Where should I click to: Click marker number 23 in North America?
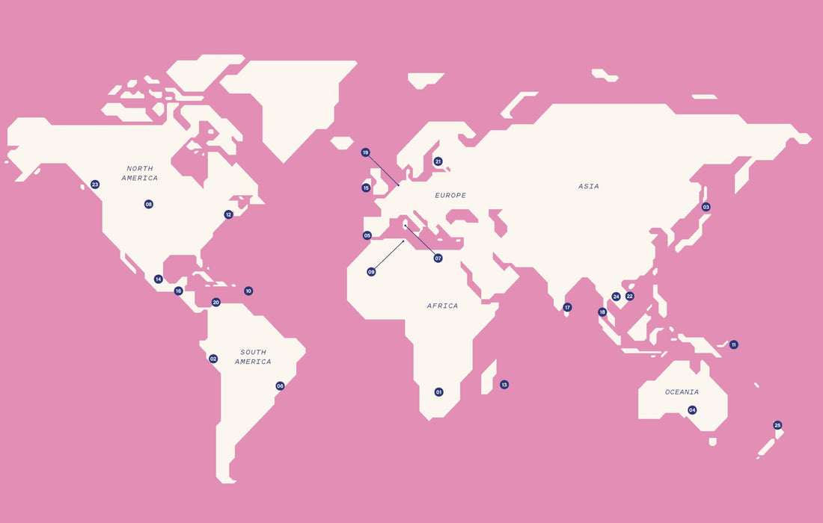coord(95,185)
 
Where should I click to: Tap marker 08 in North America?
coord(149,204)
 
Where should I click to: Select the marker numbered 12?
coord(229,214)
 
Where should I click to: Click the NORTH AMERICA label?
coord(141,173)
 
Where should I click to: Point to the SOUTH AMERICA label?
coord(253,357)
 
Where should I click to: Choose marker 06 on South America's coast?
coord(281,386)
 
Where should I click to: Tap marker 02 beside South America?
coord(213,359)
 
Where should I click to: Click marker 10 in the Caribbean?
coord(248,291)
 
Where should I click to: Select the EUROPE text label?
coord(450,196)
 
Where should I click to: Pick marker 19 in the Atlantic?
coord(366,152)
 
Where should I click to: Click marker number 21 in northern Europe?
coord(438,161)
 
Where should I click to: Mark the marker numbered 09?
coord(371,272)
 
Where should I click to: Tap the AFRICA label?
coord(442,306)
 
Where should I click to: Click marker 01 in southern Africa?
coord(439,392)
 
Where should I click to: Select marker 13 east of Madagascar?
coord(504,385)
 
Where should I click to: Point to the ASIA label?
coord(589,187)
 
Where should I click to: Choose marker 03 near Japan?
coord(706,207)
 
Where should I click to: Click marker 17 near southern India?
coord(567,307)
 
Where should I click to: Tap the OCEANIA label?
coord(682,392)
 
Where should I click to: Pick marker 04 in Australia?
coord(692,410)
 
